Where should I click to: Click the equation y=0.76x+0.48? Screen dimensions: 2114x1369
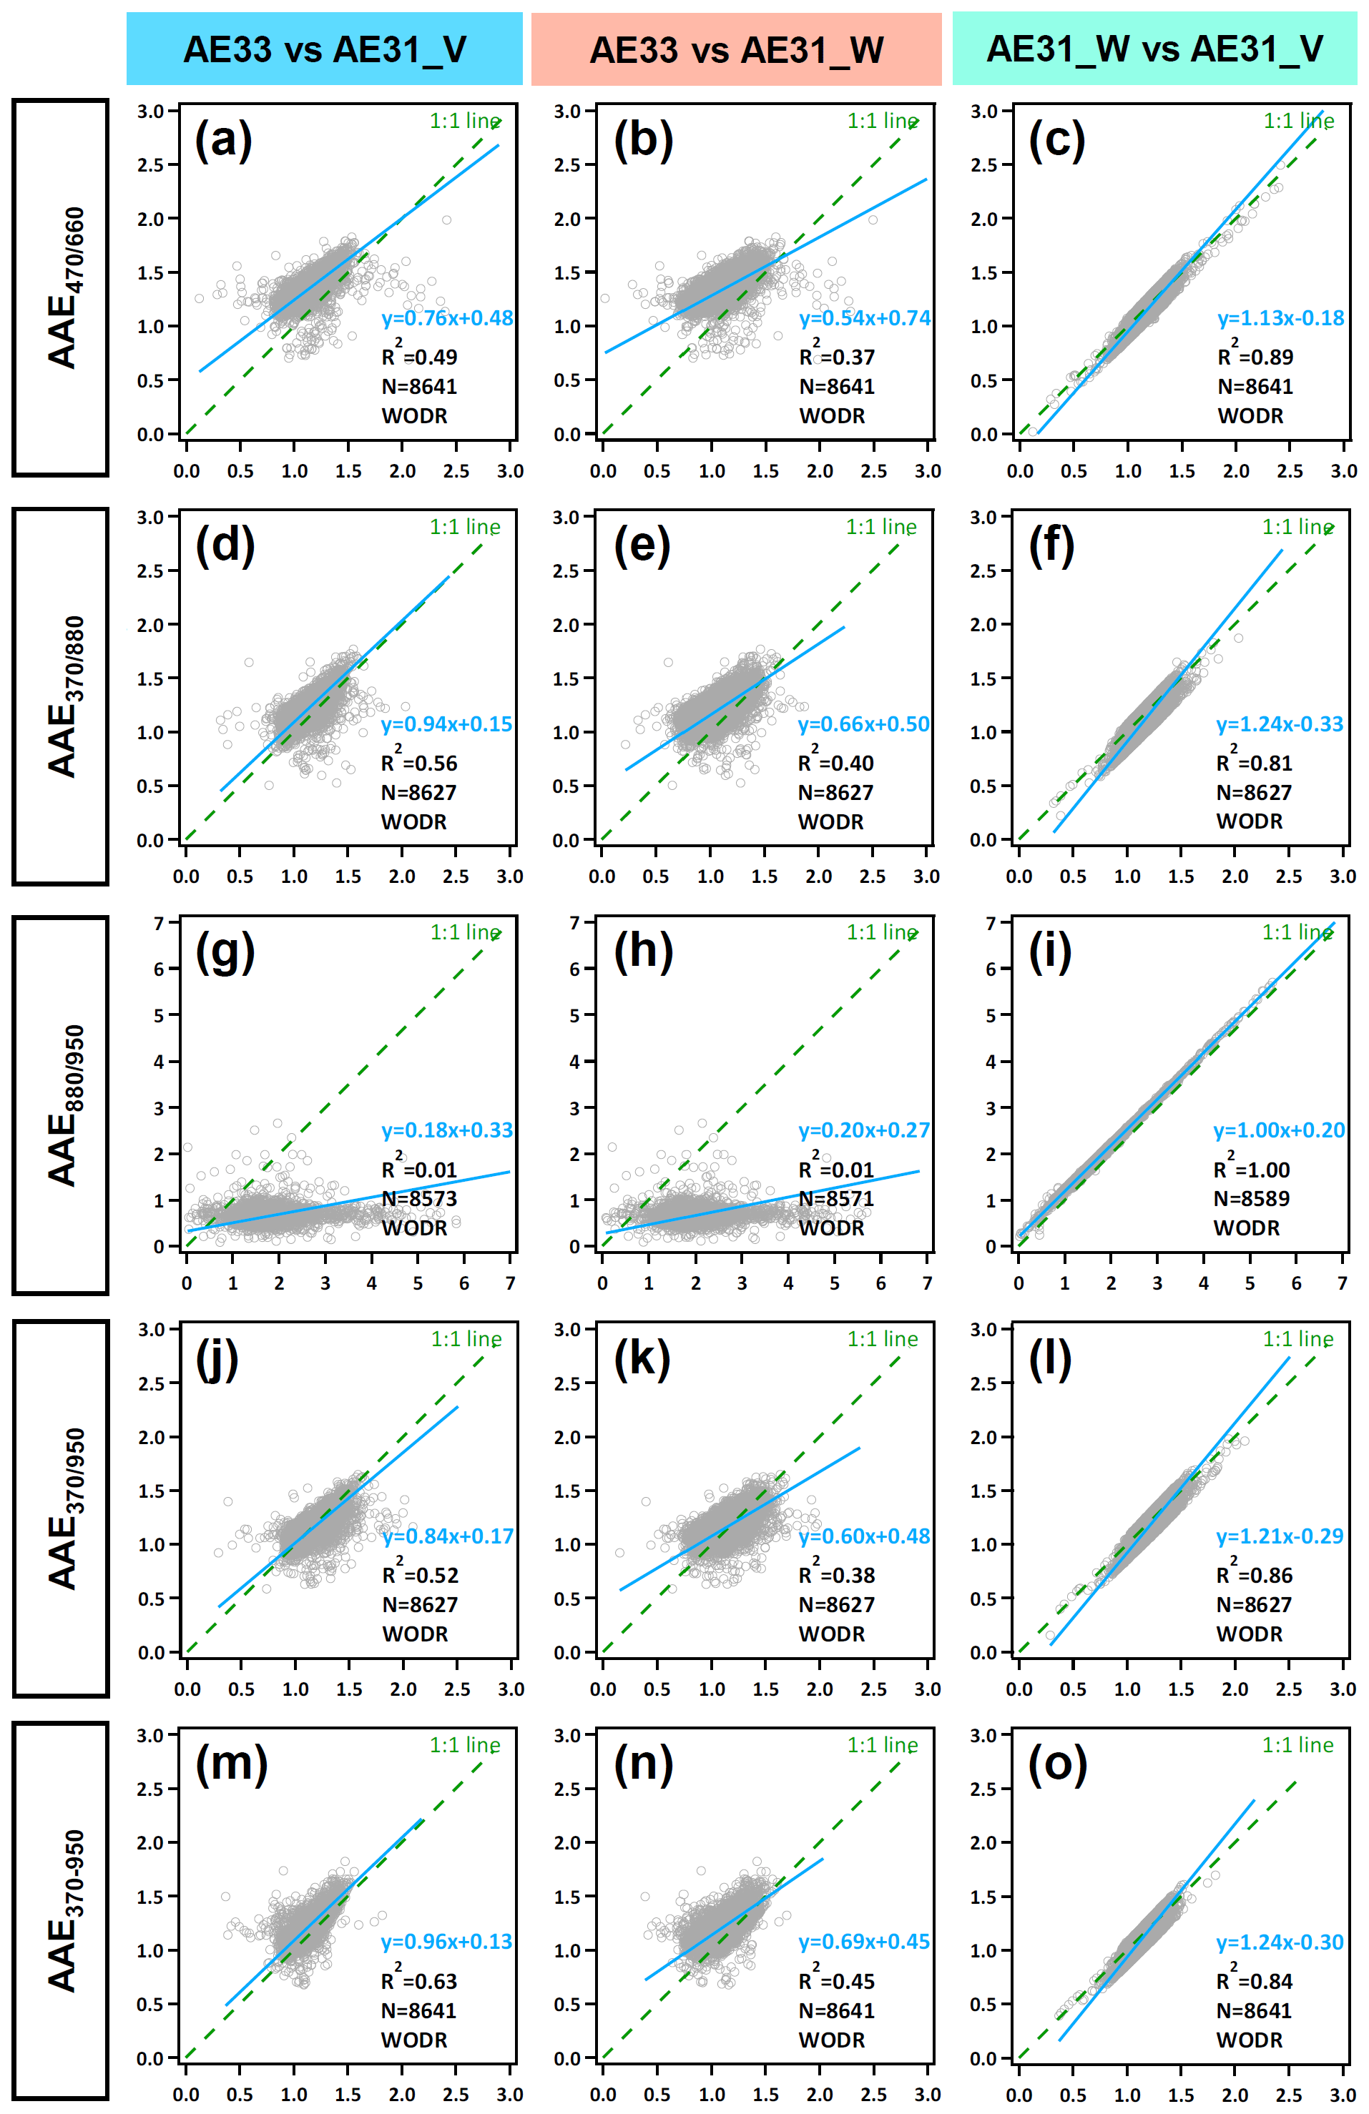pyautogui.click(x=447, y=318)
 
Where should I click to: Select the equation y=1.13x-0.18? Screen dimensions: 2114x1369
pyautogui.click(x=1280, y=318)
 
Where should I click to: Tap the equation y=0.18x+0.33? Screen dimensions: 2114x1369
pyautogui.click(x=447, y=1130)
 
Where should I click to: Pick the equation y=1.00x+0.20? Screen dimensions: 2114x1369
pyautogui.click(x=1278, y=1130)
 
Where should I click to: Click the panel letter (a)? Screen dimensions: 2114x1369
pyautogui.click(x=224, y=140)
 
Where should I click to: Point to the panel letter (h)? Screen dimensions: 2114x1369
pyautogui.click(x=643, y=952)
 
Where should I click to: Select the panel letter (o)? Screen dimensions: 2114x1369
pyautogui.click(x=1057, y=1765)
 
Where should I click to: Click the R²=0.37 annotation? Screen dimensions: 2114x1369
pyautogui.click(x=836, y=355)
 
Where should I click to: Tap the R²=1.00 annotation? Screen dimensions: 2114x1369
pyautogui.click(x=1251, y=1168)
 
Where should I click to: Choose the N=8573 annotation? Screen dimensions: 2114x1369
pyautogui.click(x=419, y=1198)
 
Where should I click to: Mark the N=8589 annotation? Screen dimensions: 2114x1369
pyautogui.click(x=1251, y=1198)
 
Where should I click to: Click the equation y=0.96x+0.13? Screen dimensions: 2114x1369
pyautogui.click(x=447, y=1942)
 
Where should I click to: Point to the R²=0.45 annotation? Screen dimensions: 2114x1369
pyautogui.click(x=836, y=1980)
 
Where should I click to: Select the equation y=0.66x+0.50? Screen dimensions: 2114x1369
pyautogui.click(x=863, y=724)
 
